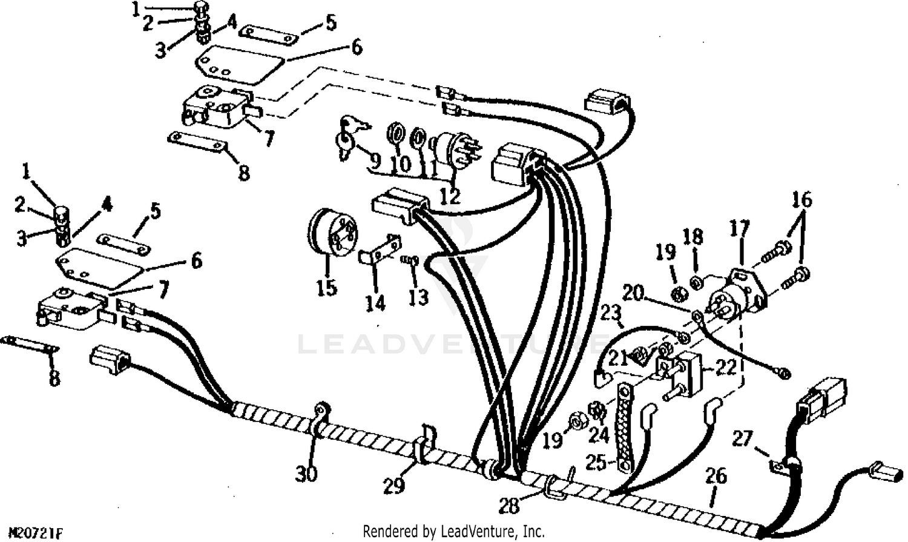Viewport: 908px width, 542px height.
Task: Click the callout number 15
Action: pos(326,287)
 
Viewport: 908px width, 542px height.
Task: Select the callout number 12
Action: pos(450,196)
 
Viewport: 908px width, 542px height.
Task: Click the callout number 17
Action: pos(739,230)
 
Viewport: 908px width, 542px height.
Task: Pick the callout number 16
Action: pos(803,200)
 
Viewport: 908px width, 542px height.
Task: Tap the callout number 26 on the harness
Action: pos(716,477)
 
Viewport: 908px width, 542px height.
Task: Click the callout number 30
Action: pos(306,472)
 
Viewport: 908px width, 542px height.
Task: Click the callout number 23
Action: pos(611,314)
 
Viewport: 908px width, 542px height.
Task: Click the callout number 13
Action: pos(418,296)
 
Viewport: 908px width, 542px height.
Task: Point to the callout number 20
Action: pos(633,294)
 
